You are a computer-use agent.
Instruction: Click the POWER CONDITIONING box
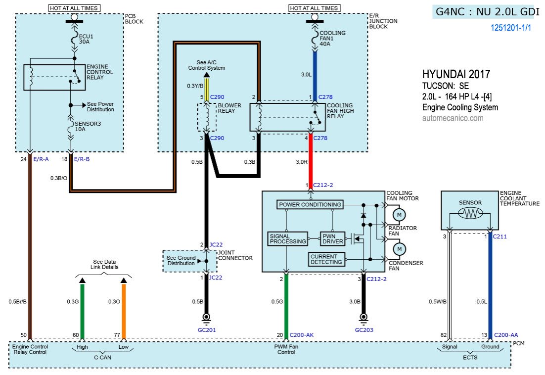pyautogui.click(x=310, y=204)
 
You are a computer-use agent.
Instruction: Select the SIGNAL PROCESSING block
pyautogui.click(x=287, y=239)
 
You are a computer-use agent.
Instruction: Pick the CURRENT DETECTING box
pyautogui.click(x=326, y=259)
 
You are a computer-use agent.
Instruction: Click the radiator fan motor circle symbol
pyautogui.click(x=398, y=215)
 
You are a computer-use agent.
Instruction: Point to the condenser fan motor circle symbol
pyautogui.click(x=398, y=247)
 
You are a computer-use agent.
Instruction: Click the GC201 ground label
pyautogui.click(x=207, y=329)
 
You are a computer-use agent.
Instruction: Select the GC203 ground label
pyautogui.click(x=364, y=329)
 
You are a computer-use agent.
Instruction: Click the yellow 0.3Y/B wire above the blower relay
pyautogui.click(x=207, y=85)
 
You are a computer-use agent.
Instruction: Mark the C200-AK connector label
pyautogui.click(x=302, y=335)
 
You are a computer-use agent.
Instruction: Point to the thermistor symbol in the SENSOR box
pyautogui.click(x=470, y=214)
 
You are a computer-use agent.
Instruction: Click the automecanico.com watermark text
pyautogui.click(x=453, y=118)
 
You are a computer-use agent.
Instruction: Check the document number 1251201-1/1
pyautogui.click(x=510, y=28)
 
